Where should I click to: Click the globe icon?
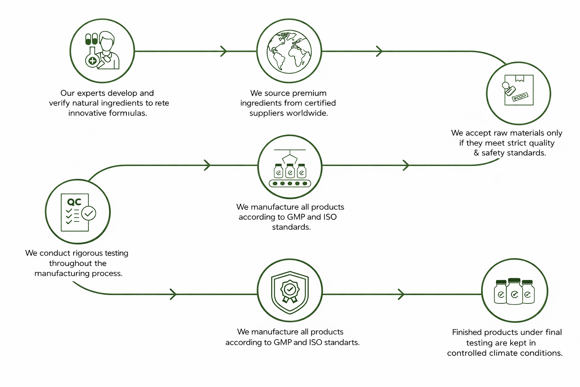pos(289,51)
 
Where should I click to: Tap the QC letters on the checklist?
pos(74,202)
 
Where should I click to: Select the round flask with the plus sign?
pos(92,59)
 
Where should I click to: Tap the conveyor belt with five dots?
pos(290,184)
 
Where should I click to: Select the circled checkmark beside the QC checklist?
pos(89,213)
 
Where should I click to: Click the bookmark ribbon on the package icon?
pos(520,78)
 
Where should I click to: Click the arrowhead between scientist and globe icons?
pos(224,51)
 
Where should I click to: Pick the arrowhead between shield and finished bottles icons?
pos(401,294)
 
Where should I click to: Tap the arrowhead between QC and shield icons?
pos(173,294)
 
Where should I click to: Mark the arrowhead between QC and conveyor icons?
pos(207,165)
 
